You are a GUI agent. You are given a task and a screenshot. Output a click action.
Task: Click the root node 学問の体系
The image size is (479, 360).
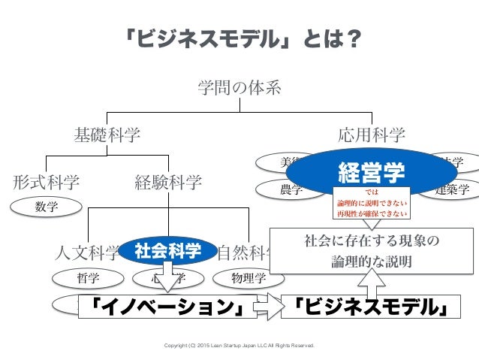[x=239, y=88]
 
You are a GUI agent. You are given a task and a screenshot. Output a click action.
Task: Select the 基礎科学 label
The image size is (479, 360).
[x=107, y=135]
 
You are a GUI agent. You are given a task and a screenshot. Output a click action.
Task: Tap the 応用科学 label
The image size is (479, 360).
[x=372, y=135]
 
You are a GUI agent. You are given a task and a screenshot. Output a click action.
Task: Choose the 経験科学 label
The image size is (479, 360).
[x=168, y=181]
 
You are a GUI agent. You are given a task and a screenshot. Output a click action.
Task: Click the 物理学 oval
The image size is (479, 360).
[x=250, y=277]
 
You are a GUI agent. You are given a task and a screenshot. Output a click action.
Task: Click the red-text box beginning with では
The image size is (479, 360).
[x=372, y=202]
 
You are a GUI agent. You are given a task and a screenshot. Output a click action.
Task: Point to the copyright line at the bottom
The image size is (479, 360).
[x=239, y=346]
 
